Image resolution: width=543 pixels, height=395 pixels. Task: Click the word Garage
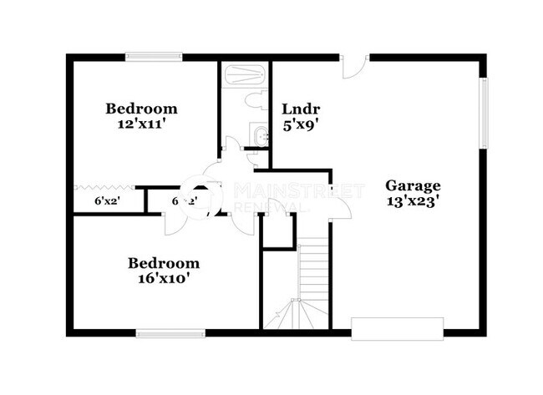[413, 185]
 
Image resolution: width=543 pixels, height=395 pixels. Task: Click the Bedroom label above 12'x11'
[141, 109]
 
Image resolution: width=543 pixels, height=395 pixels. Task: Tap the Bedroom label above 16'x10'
[164, 263]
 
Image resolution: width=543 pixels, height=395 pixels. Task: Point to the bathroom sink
[259, 134]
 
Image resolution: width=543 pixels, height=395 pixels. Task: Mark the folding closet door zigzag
[104, 186]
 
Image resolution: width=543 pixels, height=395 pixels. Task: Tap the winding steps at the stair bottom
[292, 315]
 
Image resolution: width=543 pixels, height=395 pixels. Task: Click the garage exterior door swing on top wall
[355, 67]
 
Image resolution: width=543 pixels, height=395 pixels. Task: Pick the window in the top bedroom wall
[155, 57]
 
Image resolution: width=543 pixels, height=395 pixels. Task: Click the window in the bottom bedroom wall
[170, 332]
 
